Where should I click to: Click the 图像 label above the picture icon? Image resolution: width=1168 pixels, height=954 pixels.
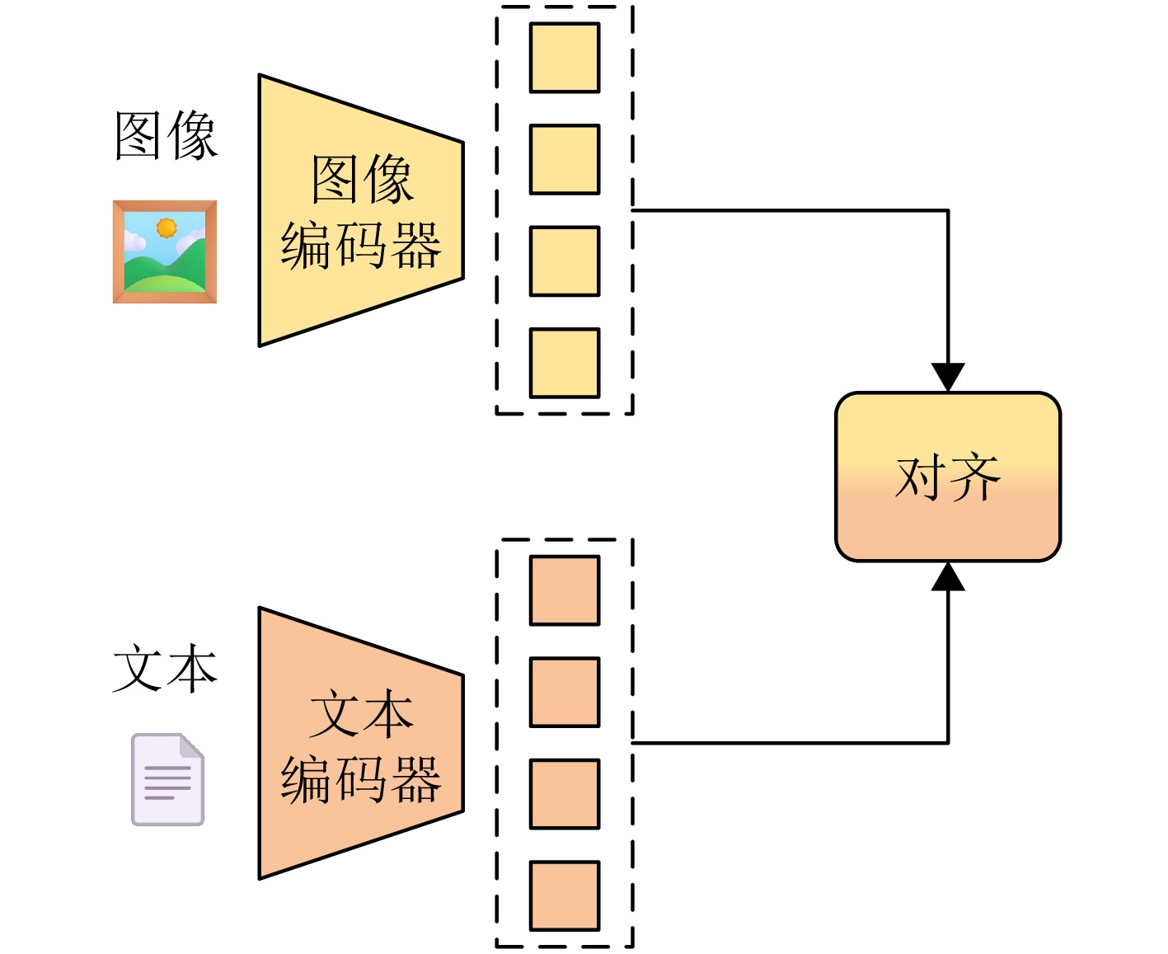pyautogui.click(x=166, y=135)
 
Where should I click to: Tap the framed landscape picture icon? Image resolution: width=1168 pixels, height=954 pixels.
pyautogui.click(x=165, y=251)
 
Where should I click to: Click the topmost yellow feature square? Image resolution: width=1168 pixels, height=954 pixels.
pyautogui.click(x=565, y=57)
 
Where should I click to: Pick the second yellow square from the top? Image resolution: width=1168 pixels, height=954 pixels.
pyautogui.click(x=565, y=159)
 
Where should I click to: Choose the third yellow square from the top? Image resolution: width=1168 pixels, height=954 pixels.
pyautogui.click(x=565, y=261)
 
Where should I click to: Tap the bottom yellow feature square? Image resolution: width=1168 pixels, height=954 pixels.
pyautogui.click(x=565, y=363)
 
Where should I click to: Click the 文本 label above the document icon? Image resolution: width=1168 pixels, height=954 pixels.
pyautogui.click(x=165, y=668)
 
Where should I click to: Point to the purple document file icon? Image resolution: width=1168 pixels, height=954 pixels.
pyautogui.click(x=168, y=779)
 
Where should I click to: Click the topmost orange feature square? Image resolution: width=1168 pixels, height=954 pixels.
pyautogui.click(x=565, y=590)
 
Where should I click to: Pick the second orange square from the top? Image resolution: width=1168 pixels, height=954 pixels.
pyautogui.click(x=565, y=692)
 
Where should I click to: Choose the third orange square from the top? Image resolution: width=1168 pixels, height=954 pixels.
pyautogui.click(x=565, y=794)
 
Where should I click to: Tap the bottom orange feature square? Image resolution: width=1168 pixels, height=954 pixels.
pyautogui.click(x=565, y=895)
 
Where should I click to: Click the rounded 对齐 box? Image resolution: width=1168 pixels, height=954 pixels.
pyautogui.click(x=948, y=477)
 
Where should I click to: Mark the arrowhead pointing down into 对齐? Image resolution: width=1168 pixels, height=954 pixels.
pyautogui.click(x=948, y=377)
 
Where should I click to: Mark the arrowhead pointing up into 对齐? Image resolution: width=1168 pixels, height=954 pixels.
pyautogui.click(x=948, y=576)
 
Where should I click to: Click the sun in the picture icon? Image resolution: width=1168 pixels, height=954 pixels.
pyautogui.click(x=167, y=227)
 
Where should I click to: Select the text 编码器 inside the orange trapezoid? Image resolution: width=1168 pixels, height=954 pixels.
pyautogui.click(x=361, y=779)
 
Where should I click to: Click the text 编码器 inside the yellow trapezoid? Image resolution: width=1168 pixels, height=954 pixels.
pyautogui.click(x=361, y=246)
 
